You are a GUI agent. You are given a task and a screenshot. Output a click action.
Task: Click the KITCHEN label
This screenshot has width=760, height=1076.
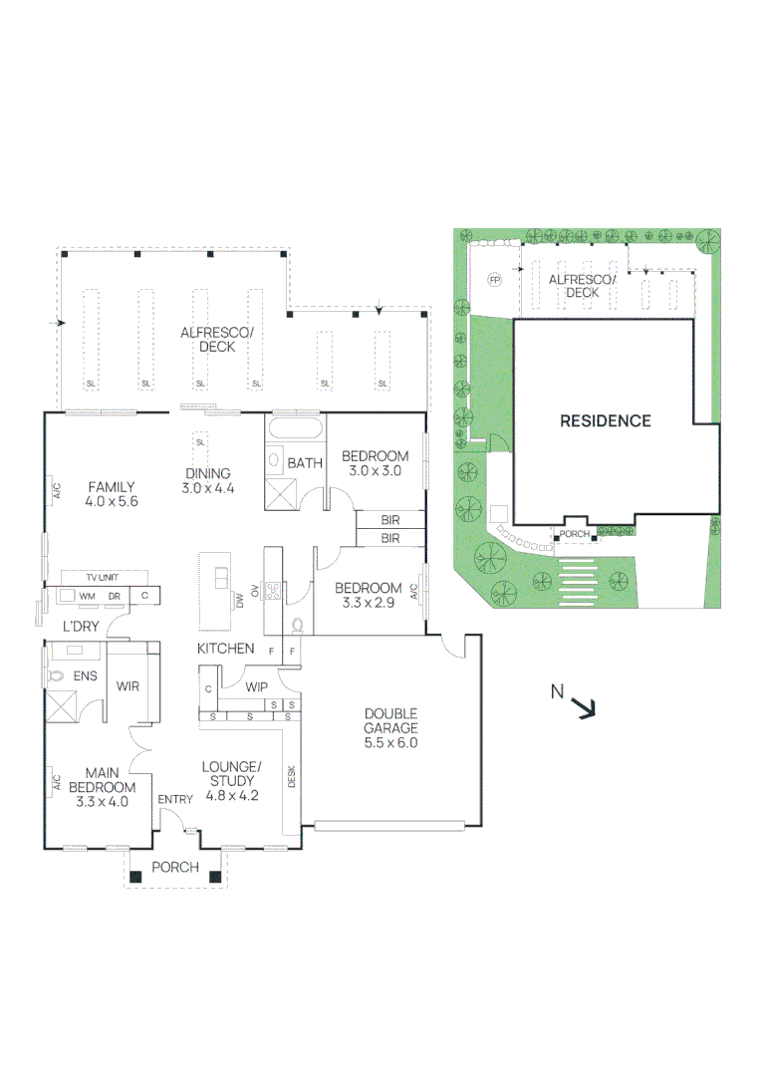[x=225, y=649]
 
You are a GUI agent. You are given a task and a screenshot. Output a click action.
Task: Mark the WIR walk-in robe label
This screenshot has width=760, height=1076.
[x=127, y=686]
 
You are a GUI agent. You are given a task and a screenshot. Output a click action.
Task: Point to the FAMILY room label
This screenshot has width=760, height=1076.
[x=110, y=487]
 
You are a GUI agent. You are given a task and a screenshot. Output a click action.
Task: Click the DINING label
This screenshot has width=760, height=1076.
[x=207, y=474]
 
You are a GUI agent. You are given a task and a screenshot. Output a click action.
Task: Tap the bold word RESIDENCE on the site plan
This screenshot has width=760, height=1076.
[x=605, y=420]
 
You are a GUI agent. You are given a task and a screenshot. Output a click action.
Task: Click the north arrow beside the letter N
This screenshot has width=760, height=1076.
[x=585, y=708]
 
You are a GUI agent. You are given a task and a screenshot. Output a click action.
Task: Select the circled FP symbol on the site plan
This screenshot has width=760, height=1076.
[x=494, y=281]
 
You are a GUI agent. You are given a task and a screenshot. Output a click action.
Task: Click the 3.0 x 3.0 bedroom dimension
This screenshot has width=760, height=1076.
[x=371, y=471]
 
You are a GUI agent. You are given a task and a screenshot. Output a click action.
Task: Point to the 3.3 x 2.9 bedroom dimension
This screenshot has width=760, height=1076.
[x=368, y=602]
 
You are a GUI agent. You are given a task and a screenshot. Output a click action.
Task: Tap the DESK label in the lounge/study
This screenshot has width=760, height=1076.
[x=292, y=776]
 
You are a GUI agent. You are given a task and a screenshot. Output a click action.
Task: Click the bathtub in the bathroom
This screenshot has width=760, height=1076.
[x=294, y=430]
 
